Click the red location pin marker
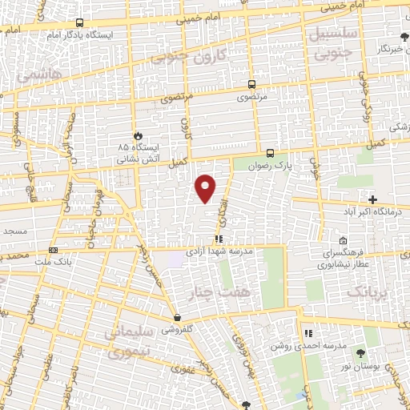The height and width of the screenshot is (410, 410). (x=207, y=188)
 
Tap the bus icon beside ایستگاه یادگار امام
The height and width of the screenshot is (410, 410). (x=79, y=23)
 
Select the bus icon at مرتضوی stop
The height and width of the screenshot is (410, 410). (x=252, y=84)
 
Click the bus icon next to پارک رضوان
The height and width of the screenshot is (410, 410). (x=270, y=153)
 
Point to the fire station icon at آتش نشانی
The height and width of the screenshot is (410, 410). (x=138, y=136)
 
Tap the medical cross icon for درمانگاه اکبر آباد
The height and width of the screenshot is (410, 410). (x=372, y=199)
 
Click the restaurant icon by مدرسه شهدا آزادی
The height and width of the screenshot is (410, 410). (x=219, y=238)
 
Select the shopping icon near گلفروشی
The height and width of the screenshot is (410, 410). (x=176, y=317)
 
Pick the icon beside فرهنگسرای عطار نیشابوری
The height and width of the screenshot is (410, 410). (x=343, y=240)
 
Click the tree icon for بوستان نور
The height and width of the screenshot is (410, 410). (x=360, y=352)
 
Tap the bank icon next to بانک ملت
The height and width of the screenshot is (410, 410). (x=53, y=249)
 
